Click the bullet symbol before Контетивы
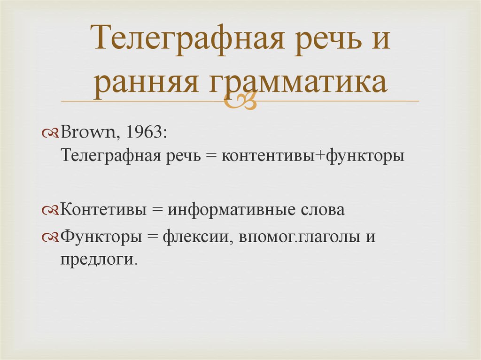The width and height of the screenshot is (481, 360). click(50, 210)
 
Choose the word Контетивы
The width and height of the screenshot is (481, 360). click(103, 209)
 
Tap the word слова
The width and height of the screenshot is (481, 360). click(323, 209)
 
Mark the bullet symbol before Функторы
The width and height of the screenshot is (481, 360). click(50, 236)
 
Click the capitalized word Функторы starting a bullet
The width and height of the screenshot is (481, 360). click(101, 236)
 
